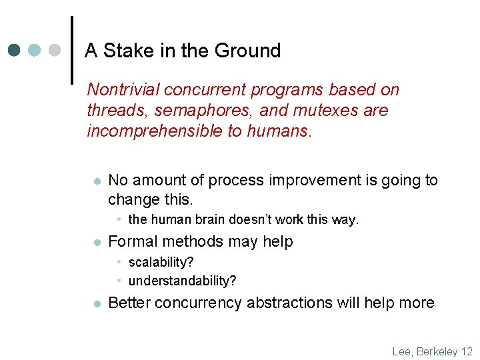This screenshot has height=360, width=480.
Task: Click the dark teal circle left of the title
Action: [x=14, y=50]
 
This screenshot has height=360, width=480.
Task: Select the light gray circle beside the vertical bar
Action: [x=55, y=50]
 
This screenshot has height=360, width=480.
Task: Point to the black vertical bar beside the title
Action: [x=71, y=50]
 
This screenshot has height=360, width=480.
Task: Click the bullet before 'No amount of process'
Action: [x=96, y=181]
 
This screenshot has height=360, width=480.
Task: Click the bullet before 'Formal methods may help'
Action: [x=96, y=242]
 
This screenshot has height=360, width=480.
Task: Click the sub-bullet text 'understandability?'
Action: [x=182, y=281]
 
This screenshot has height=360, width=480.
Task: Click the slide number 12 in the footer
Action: [x=466, y=351]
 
